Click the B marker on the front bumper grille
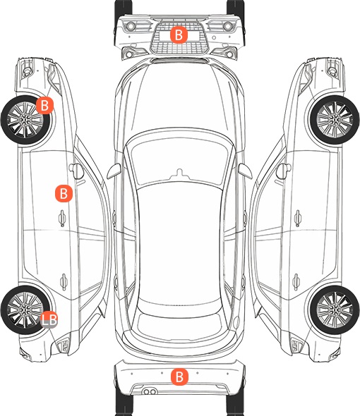(179, 35)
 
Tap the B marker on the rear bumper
(179, 377)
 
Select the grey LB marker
(49, 319)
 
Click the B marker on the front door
(64, 194)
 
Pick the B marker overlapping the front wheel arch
(45, 105)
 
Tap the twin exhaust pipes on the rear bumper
(150, 391)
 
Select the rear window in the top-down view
(179, 324)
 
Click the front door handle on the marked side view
(62, 218)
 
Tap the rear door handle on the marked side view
(64, 281)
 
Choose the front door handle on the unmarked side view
(298, 218)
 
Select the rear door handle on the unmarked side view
(296, 281)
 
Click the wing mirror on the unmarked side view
(283, 171)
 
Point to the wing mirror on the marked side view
(76, 171)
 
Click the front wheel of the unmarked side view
(335, 120)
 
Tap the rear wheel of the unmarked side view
(335, 310)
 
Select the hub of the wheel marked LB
(25, 310)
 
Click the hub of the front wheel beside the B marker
(25, 120)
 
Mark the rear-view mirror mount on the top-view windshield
(179, 173)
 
